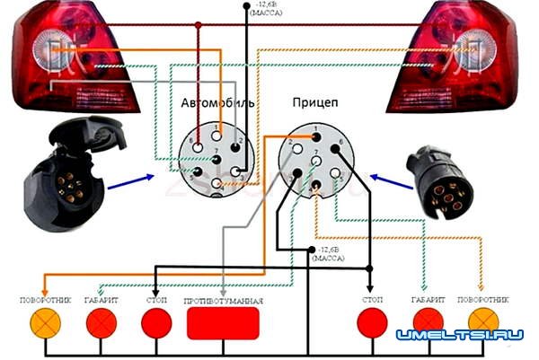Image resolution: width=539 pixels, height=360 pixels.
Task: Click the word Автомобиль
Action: [218, 103]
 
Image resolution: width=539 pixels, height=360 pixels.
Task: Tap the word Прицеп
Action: [315, 103]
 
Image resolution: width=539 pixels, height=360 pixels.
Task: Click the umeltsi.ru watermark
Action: [459, 335]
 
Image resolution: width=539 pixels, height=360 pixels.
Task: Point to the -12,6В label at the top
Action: [266, 12]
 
